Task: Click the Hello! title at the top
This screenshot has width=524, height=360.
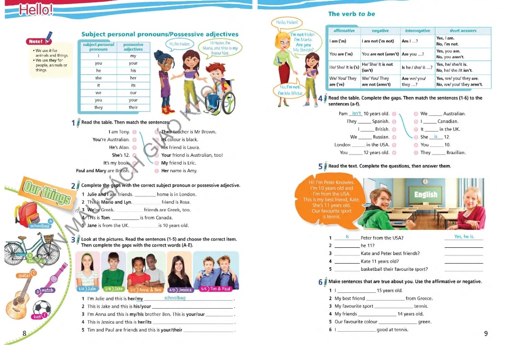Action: tap(36, 9)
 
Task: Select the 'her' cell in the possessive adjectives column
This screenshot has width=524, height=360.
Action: tap(133, 78)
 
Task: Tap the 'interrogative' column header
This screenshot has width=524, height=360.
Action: tap(417, 31)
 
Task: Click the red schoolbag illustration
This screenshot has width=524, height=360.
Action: tap(27, 213)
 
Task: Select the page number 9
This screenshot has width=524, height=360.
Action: tap(486, 333)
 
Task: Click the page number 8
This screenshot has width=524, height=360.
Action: tap(24, 333)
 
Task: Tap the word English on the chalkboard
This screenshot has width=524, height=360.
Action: tap(426, 195)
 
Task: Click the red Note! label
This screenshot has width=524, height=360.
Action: tap(36, 41)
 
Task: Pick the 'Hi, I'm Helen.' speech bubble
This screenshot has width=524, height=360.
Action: tap(180, 44)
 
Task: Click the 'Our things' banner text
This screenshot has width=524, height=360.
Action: tap(46, 192)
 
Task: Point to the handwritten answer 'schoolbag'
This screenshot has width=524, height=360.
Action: tap(175, 298)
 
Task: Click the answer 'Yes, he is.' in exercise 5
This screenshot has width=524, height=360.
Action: tap(464, 237)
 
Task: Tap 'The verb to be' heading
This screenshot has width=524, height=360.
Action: tap(351, 14)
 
